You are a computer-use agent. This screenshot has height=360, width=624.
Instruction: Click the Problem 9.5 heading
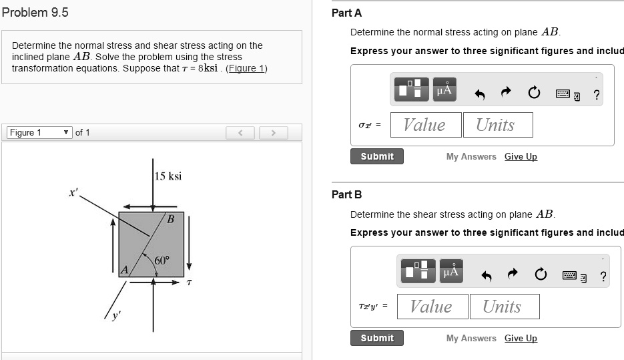35,13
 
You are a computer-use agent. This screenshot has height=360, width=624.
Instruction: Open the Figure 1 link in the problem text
246,68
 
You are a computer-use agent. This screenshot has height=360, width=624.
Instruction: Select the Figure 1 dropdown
39,132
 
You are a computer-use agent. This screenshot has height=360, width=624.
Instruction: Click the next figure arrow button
273,133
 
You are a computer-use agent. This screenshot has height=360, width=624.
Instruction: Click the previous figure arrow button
240,133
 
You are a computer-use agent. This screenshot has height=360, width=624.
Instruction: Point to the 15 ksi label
168,176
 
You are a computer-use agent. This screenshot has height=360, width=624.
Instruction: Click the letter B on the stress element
171,219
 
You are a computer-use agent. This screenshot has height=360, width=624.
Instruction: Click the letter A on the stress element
123,270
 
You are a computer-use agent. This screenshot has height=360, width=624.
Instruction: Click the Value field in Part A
424,125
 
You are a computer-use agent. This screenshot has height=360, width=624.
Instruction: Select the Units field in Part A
495,125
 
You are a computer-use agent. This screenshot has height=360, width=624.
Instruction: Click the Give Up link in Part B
521,338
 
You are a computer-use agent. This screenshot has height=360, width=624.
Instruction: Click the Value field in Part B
430,307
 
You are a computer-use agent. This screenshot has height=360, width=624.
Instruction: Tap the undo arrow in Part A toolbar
479,94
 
